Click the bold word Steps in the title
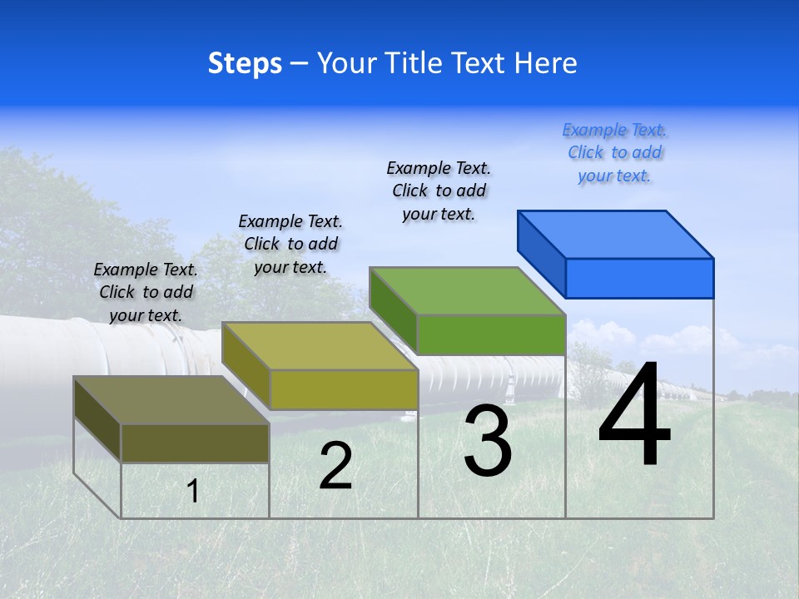click(x=245, y=63)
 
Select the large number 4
click(x=634, y=416)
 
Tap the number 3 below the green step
click(x=488, y=441)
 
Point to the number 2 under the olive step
click(x=335, y=467)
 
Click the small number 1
click(x=192, y=491)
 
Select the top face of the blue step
click(x=616, y=234)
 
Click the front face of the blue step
click(x=639, y=278)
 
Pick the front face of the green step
click(x=491, y=334)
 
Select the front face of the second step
click(x=343, y=389)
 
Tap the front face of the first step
click(x=195, y=443)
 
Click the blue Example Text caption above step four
click(x=614, y=152)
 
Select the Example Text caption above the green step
click(x=439, y=191)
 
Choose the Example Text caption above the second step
click(x=290, y=244)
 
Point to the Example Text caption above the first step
click(x=146, y=292)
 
